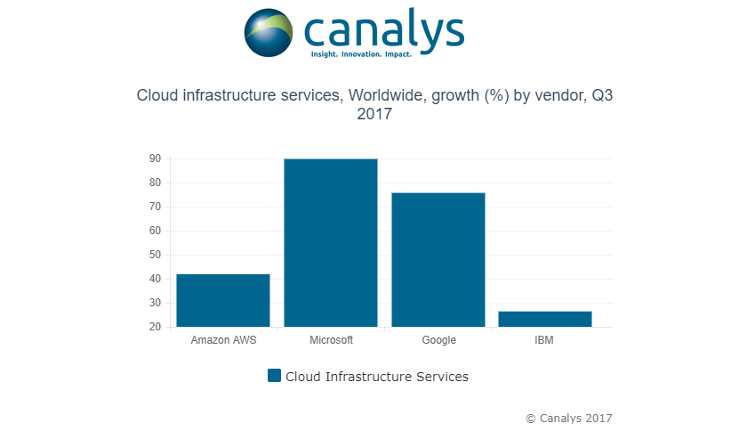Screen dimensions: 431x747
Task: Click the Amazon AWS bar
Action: tap(223, 300)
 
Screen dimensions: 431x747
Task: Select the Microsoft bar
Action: tap(331, 242)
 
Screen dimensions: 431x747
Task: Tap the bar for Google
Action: tap(438, 259)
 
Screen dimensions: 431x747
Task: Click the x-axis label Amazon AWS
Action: tap(223, 340)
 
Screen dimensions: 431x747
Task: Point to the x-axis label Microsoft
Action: tap(331, 340)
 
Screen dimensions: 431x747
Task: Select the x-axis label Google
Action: tap(438, 340)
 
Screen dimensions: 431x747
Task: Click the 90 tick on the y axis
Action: tap(155, 159)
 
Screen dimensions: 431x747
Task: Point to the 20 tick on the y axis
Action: tap(155, 327)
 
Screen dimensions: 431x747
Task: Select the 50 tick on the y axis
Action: tap(155, 255)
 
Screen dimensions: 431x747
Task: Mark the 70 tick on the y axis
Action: tap(155, 207)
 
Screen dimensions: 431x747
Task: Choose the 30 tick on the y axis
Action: tap(155, 303)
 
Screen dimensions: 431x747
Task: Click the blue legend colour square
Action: tap(274, 376)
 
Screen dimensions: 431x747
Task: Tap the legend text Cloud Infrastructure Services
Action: tap(376, 377)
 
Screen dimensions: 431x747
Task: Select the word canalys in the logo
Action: tap(383, 28)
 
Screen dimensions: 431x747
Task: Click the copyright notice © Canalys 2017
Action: tap(569, 418)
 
